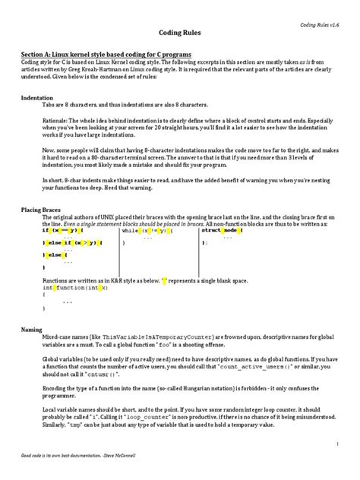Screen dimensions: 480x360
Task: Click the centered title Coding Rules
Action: coord(179,35)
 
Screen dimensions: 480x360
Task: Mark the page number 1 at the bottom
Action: coord(336,443)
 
